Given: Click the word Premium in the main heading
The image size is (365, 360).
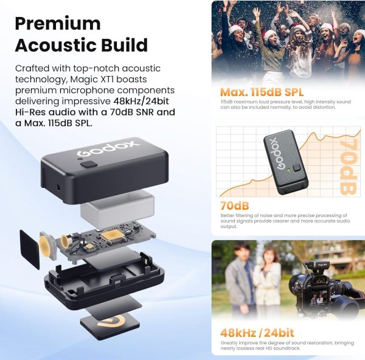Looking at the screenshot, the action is [58, 24].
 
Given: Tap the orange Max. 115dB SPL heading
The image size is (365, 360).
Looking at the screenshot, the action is [262, 92].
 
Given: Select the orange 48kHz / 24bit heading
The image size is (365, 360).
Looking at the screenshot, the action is [257, 333].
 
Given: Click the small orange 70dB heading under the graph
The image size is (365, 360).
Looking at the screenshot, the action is [235, 206].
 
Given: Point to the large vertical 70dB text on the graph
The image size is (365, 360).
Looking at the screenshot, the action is [348, 167].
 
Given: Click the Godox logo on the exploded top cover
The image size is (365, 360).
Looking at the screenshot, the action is [108, 148].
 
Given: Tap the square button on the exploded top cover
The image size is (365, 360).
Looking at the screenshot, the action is [89, 164].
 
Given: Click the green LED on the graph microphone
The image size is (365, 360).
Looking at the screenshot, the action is [288, 170].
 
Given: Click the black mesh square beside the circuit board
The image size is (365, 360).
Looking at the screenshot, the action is [29, 249].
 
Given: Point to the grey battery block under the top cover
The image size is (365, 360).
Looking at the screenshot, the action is [117, 211].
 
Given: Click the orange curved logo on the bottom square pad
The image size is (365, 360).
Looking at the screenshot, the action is [112, 322].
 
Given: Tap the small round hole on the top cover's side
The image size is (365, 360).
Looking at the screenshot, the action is [58, 187].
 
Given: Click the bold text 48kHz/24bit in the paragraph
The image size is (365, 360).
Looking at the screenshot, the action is [141, 101].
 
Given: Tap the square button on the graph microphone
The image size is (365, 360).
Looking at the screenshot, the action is [297, 168].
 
